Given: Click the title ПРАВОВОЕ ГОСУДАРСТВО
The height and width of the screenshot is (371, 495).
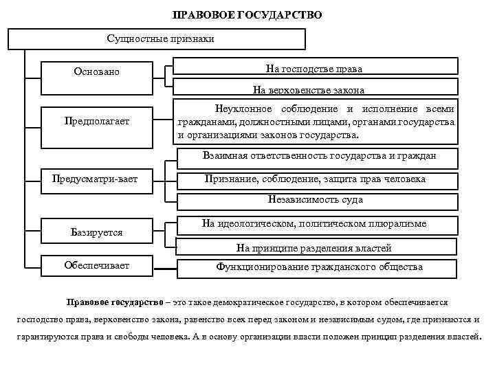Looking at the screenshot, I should coord(247,14).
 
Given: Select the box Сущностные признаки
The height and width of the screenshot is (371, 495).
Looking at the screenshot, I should coord(161,38).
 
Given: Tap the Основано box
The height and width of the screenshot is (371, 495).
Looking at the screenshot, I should coord(96,71).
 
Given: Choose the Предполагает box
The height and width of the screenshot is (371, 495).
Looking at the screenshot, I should coord(96,122).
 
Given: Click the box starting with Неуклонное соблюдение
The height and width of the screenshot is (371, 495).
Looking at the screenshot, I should coord(316,122).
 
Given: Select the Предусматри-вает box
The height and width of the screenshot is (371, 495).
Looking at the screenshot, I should coord(96,179).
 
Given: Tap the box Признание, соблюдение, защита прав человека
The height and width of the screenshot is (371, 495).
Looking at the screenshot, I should coord(316,179).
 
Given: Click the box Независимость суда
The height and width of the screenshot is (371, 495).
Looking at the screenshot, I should coord(316,200).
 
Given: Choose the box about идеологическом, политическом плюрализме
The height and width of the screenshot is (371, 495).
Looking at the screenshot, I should coord(314,224).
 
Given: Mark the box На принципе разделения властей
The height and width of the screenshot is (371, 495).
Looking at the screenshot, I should coord(314,247).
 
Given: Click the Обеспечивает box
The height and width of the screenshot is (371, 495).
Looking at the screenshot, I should coord(96,266).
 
